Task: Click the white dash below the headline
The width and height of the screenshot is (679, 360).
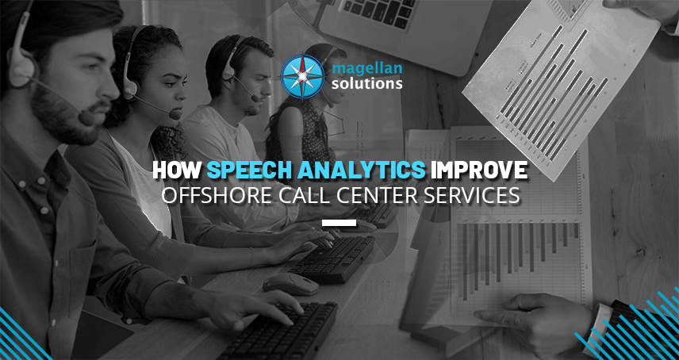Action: (x=339, y=222)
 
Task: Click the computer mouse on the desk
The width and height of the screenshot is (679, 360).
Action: (x=290, y=283)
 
